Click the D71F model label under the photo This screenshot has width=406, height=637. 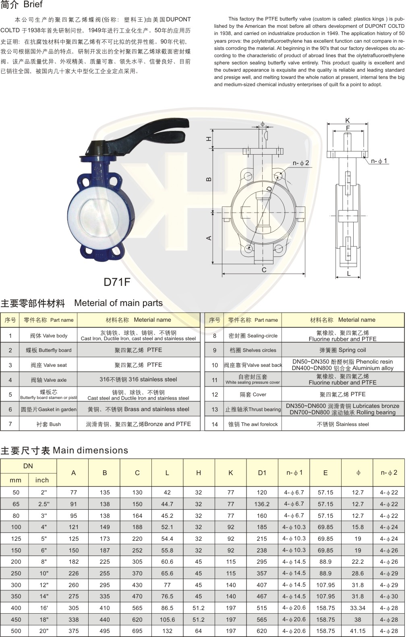click(x=117, y=282)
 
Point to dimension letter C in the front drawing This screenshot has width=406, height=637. click(x=264, y=270)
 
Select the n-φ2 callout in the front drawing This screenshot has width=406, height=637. click(x=301, y=163)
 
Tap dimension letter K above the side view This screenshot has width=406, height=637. click(x=347, y=120)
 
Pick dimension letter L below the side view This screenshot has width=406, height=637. click(x=349, y=274)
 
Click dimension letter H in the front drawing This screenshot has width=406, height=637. click(x=209, y=139)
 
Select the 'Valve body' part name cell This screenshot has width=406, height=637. click(x=49, y=335)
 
